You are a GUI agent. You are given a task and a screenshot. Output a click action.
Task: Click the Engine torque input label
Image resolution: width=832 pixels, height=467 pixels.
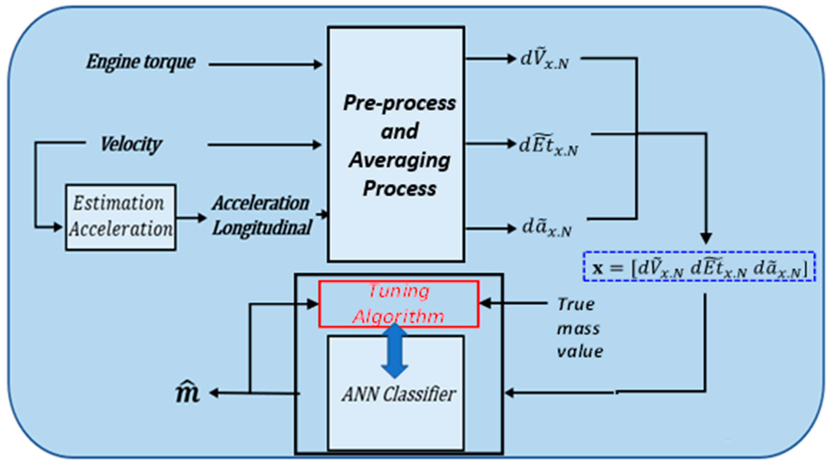[141, 62]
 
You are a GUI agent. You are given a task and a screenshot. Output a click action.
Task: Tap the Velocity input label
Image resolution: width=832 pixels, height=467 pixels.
[131, 144]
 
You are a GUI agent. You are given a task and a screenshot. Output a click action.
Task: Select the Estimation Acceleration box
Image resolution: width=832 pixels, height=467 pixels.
[120, 217]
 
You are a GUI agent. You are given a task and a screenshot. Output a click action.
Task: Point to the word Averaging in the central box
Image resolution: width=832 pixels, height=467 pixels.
[399, 161]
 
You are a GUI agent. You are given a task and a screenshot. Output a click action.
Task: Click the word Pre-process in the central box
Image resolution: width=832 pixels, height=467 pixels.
[399, 103]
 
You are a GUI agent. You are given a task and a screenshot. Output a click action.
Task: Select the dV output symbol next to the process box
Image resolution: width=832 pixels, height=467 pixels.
[544, 61]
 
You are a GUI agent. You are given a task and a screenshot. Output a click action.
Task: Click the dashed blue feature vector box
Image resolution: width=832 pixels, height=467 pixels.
[699, 267]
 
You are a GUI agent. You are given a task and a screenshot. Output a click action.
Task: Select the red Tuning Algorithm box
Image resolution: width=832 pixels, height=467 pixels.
[398, 304]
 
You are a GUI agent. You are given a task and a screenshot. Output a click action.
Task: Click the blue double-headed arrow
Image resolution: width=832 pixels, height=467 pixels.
[394, 351]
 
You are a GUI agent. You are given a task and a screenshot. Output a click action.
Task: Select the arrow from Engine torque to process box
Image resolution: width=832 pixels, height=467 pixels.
[265, 64]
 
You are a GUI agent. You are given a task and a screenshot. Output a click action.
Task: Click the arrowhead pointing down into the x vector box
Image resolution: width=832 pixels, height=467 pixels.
[706, 238]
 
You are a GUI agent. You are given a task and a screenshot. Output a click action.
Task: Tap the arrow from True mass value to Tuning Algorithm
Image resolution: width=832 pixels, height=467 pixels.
[513, 304]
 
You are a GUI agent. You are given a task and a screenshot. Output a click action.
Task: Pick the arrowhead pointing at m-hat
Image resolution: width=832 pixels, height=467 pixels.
[214, 393]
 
